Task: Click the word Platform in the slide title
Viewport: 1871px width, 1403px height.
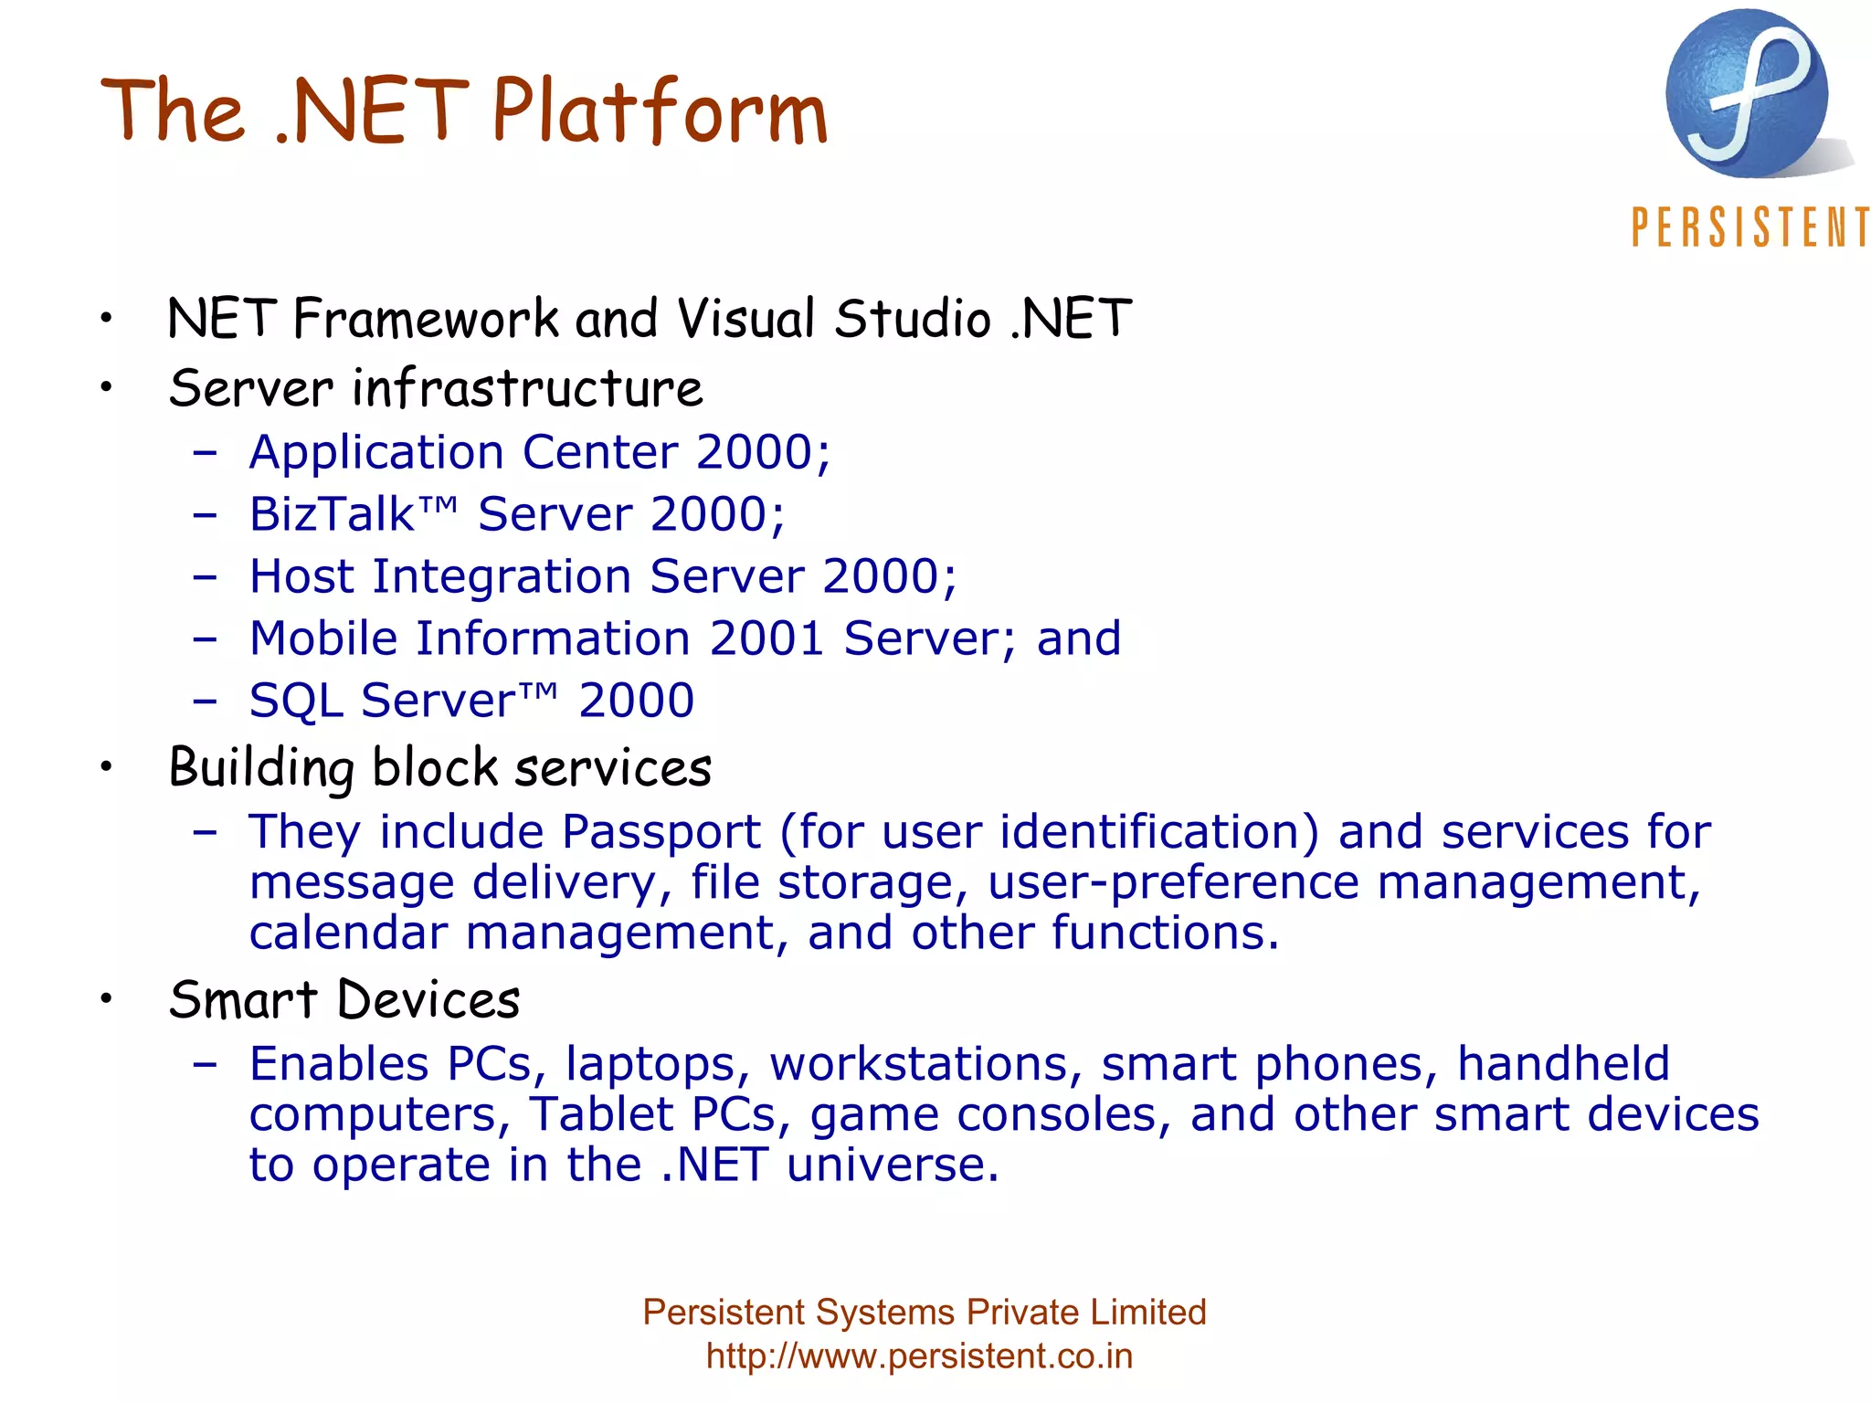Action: (x=660, y=111)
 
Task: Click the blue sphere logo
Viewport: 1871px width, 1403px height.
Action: (x=1747, y=94)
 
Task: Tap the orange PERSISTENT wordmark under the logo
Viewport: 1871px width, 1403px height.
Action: (x=1749, y=227)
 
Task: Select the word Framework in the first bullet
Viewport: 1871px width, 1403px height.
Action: (x=426, y=320)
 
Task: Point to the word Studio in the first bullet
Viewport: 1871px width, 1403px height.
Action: (x=912, y=320)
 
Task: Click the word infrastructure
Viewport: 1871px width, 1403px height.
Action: (x=528, y=388)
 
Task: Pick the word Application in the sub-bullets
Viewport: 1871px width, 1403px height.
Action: (x=376, y=453)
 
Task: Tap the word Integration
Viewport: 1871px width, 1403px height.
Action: (x=502, y=576)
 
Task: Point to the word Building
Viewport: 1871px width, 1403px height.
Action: (x=261, y=768)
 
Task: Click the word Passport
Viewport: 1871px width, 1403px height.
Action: (x=661, y=832)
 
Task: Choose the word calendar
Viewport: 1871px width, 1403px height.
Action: (x=348, y=933)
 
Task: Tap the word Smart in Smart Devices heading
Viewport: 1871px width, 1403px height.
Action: (x=243, y=999)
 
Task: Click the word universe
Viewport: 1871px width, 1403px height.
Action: (x=892, y=1165)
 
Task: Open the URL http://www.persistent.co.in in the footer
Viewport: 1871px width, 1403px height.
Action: (x=919, y=1356)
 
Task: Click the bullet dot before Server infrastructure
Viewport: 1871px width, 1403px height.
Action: (x=107, y=387)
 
